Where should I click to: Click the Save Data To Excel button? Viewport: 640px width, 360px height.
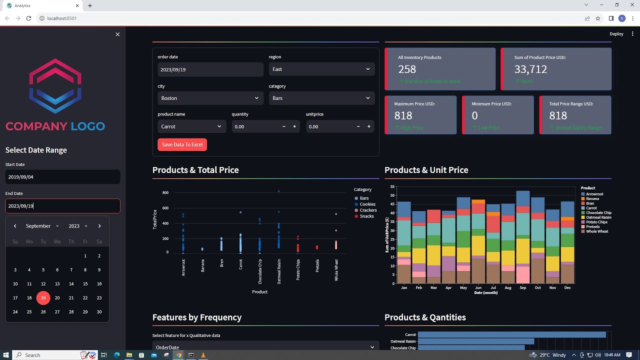coord(182,144)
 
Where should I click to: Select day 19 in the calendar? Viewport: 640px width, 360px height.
coord(43,297)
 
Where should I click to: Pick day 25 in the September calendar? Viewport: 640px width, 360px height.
coord(29,311)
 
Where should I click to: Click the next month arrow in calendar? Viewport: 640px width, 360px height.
coord(99,226)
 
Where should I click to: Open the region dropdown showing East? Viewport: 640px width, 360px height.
coord(321,69)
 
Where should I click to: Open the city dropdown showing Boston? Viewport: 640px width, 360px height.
coord(210,98)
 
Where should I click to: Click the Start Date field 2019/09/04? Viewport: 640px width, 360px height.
coord(62,177)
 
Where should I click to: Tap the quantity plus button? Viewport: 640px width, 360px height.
coord(294,126)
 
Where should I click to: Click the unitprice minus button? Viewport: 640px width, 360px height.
coord(358,126)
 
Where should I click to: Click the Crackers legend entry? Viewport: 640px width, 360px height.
coord(368,210)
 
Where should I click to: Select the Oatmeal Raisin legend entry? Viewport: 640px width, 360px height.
coord(598,217)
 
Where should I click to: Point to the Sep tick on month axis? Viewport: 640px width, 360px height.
coord(523,287)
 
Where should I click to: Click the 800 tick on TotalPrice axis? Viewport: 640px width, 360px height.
coord(165,192)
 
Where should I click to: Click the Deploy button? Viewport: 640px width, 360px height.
coord(616,34)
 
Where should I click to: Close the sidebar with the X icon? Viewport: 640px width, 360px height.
coord(117,34)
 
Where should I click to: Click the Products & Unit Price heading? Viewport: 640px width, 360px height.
coord(426,170)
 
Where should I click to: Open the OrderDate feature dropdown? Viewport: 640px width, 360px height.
coord(265,347)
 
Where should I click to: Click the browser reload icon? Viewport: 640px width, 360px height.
coord(28,18)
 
